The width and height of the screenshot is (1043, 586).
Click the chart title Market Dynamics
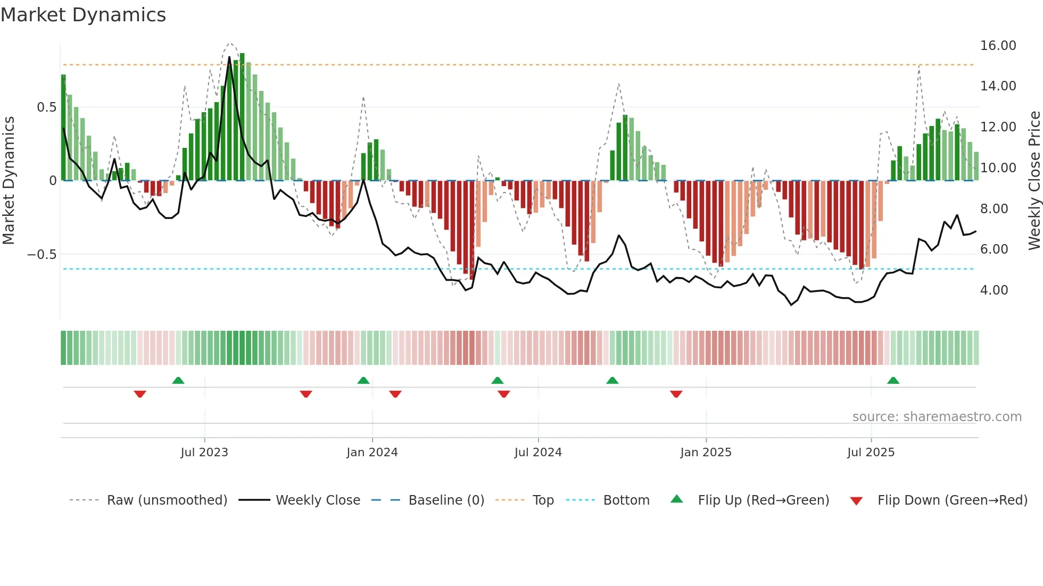pyautogui.click(x=83, y=15)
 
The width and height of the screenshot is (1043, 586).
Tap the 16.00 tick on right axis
pyautogui.click(x=998, y=46)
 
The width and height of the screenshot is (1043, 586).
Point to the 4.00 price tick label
pyautogui.click(x=994, y=290)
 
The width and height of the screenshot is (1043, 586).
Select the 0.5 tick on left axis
pyautogui.click(x=46, y=107)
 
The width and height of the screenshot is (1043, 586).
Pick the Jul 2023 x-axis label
pyautogui.click(x=204, y=453)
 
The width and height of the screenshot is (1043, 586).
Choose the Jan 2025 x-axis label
pyautogui.click(x=706, y=453)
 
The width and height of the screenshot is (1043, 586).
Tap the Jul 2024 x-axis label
pyautogui.click(x=537, y=453)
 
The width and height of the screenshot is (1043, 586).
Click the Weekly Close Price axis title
pyautogui.click(x=1034, y=181)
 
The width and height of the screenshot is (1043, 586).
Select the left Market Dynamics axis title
pyautogui.click(x=9, y=181)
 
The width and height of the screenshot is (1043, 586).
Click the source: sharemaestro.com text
pyautogui.click(x=937, y=417)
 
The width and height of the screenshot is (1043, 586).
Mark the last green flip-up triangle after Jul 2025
pyautogui.click(x=893, y=381)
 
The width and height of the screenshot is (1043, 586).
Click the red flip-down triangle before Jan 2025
pyautogui.click(x=676, y=394)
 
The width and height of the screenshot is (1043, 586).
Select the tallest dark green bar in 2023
pyautogui.click(x=242, y=117)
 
